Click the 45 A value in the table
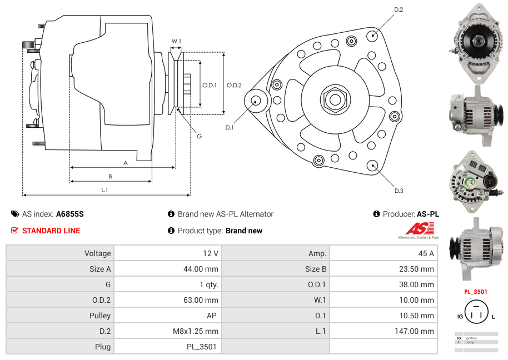coord(426,253)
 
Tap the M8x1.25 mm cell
coord(196,331)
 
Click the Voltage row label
coord(97,253)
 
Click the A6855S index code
coord(69,214)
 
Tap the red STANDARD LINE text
coord(51,231)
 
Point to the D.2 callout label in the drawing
coord(399,10)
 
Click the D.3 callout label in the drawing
coord(399,191)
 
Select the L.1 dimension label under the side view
coord(104,190)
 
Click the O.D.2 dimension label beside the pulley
coord(234,85)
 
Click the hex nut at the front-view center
coord(335,99)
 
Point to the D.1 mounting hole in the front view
coord(256,101)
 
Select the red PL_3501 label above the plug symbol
coord(475,291)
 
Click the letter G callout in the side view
coord(199,136)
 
